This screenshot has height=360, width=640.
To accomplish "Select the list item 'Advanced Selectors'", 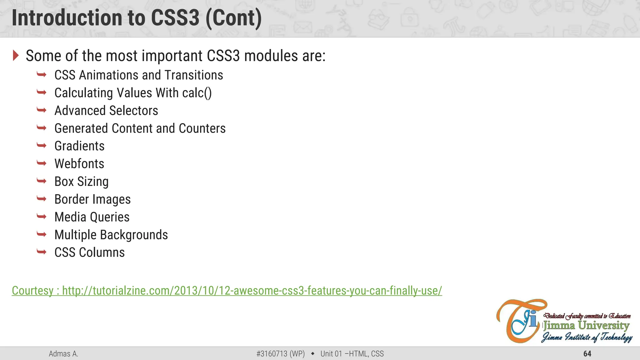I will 106,111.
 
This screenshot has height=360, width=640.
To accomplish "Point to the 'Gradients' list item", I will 79,146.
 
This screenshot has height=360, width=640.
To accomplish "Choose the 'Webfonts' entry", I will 79,164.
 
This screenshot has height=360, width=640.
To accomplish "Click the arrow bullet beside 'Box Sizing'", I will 42,181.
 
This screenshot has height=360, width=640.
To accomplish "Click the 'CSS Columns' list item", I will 89,252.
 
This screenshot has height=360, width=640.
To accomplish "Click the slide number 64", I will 587,354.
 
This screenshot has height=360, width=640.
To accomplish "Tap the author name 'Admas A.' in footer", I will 63,354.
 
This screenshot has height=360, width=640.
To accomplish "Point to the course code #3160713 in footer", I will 272,354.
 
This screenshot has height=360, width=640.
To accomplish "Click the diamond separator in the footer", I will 312,354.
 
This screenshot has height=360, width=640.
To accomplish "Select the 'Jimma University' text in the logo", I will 586,326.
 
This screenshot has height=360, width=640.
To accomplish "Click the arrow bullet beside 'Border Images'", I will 42,199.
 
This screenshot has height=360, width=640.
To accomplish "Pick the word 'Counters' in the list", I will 202,128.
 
